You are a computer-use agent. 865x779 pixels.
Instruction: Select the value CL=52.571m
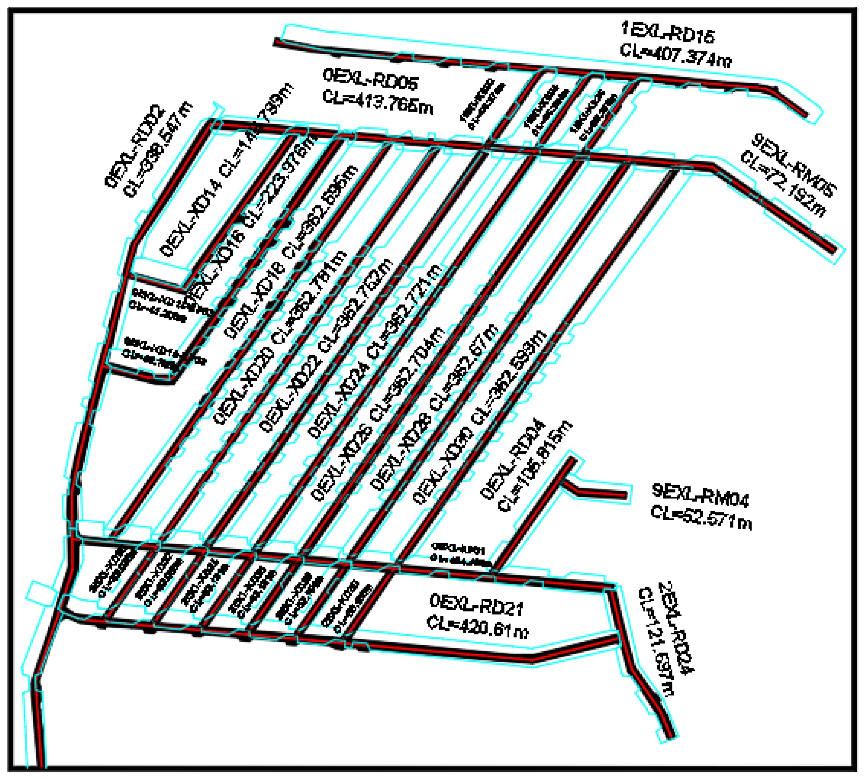(701, 518)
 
